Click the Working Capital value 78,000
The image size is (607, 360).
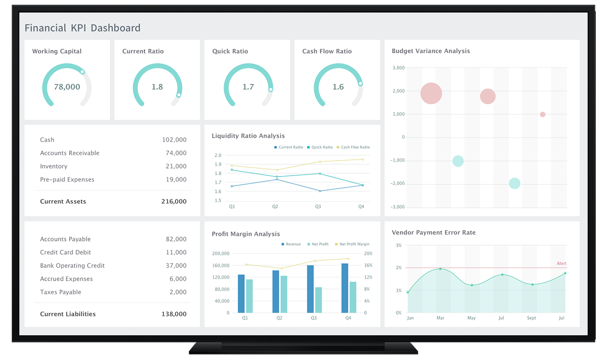pos(67,87)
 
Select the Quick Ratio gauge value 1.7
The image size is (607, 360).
pos(248,87)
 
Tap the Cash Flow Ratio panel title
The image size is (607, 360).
pos(327,51)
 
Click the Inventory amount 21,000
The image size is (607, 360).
pos(176,166)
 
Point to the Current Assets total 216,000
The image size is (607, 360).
pos(174,202)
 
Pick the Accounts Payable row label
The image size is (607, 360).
pos(65,239)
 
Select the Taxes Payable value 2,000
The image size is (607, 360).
pos(177,292)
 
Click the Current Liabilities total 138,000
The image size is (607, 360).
pos(174,314)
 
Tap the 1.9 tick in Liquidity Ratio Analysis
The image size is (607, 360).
pos(218,164)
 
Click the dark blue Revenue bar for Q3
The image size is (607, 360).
pos(311,289)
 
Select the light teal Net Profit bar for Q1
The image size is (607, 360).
pos(249,296)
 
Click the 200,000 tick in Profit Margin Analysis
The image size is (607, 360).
pos(220,254)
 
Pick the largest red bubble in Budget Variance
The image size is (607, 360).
pos(431,93)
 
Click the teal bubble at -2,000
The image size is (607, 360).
pos(515,184)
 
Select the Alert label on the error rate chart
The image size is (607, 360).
pos(561,264)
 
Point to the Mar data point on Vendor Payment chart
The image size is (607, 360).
pos(440,269)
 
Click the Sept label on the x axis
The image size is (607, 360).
pos(532,318)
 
